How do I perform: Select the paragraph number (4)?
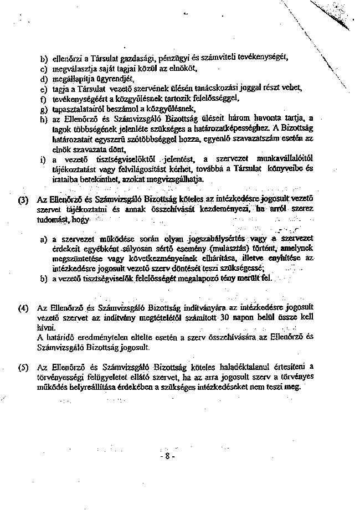[23, 307]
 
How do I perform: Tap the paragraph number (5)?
[23, 367]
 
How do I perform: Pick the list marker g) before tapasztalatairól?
[43, 109]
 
